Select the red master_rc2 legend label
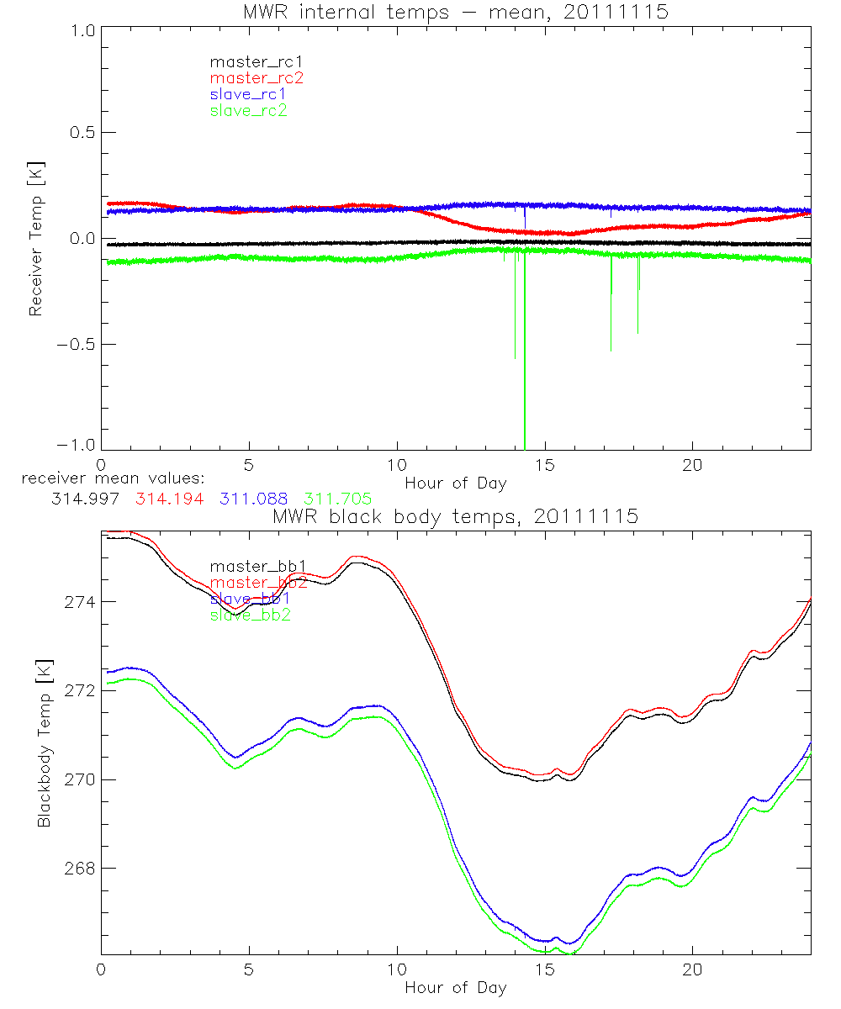point(257,77)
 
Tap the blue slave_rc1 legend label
point(248,93)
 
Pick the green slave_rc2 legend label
point(248,109)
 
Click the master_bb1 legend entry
point(257,566)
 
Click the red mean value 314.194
point(169,499)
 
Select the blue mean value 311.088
point(254,499)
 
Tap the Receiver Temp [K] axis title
point(34,237)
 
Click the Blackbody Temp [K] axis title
point(43,742)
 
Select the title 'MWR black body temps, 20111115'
point(455,516)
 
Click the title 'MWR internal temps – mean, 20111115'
point(455,11)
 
